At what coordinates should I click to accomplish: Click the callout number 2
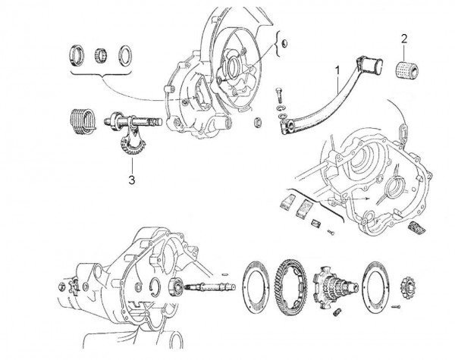pyautogui.click(x=405, y=38)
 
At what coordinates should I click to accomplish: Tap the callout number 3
pyautogui.click(x=132, y=180)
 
